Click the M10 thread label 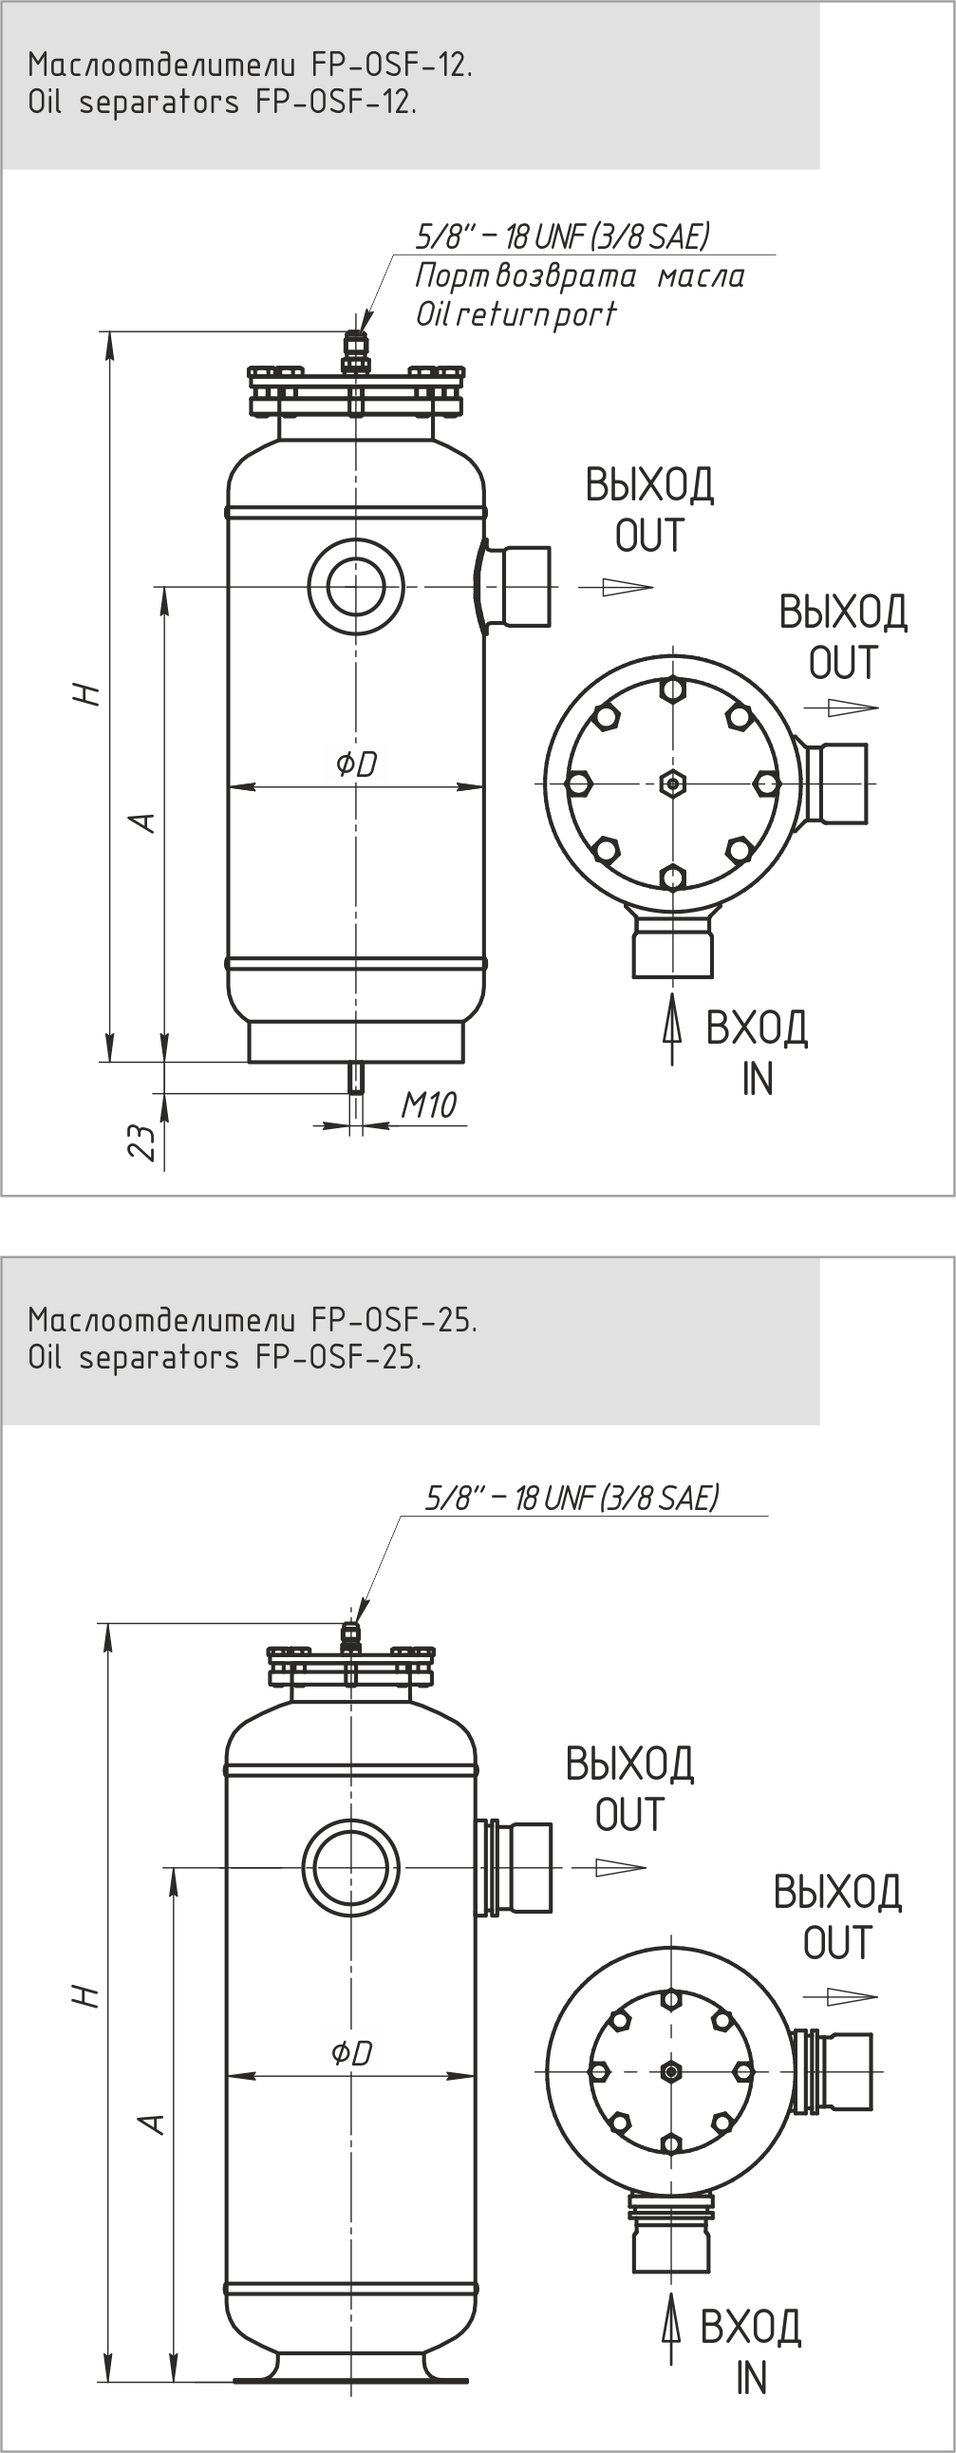pyautogui.click(x=428, y=1104)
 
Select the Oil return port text pyautogui.click(x=516, y=313)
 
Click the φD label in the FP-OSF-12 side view pyautogui.click(x=356, y=763)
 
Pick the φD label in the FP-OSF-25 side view pyautogui.click(x=351, y=2052)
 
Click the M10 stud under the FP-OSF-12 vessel pyautogui.click(x=356, y=1077)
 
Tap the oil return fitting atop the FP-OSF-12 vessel pyautogui.click(x=355, y=352)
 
